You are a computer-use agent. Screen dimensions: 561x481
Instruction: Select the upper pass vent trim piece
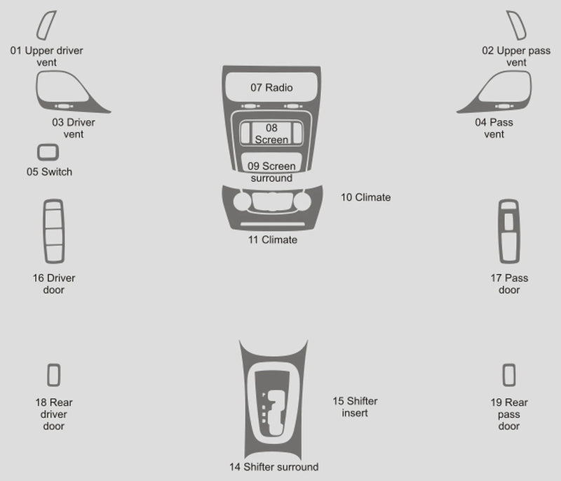coord(522,33)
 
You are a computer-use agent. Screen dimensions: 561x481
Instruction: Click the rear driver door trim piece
coord(48,375)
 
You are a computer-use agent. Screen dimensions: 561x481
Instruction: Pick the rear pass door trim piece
coord(504,375)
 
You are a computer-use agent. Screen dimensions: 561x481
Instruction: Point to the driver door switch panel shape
coord(45,231)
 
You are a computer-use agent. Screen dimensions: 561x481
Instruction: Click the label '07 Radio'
coord(271,87)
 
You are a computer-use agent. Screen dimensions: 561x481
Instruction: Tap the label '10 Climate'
coord(365,197)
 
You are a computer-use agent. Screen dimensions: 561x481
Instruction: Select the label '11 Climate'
coord(273,239)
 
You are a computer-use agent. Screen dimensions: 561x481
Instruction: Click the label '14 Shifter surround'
coord(273,467)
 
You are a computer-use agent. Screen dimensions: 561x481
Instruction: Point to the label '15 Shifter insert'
coord(355,407)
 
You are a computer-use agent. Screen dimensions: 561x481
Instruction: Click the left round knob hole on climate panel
coord(242,202)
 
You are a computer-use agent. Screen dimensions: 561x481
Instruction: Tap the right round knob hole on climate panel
coord(302,202)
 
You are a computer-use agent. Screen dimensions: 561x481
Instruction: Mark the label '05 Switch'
coord(49,172)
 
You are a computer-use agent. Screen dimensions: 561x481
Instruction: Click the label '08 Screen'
coord(271,133)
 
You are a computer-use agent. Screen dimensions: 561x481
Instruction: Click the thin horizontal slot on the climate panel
coord(273,224)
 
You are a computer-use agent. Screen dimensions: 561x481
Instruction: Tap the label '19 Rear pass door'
coord(509,414)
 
